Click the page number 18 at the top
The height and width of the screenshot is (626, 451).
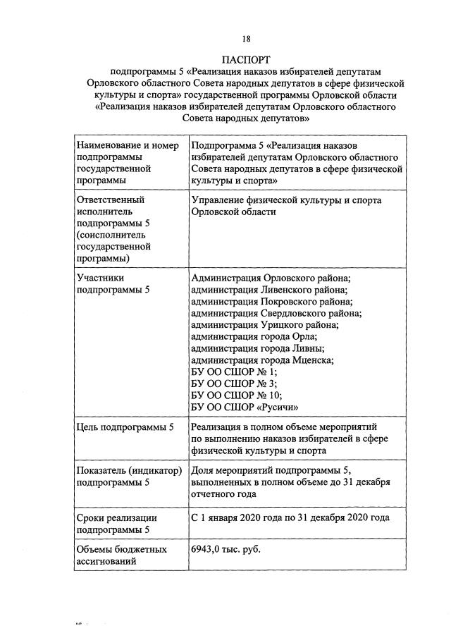tap(246, 38)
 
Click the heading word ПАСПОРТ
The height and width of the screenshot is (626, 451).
tap(246, 59)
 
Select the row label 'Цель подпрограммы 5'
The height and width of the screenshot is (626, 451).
tap(124, 427)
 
